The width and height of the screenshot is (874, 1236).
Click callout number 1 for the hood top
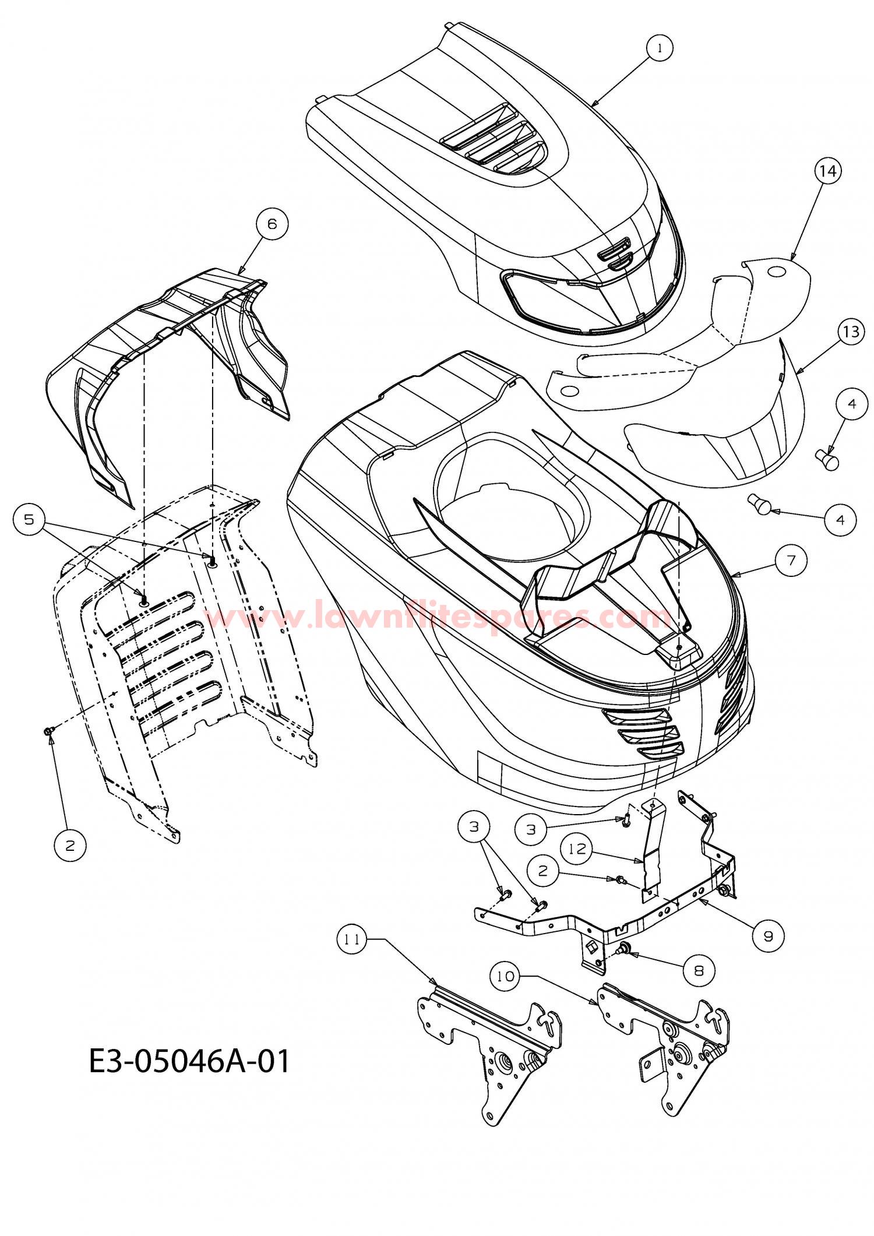[659, 49]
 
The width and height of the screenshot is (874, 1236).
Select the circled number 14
[828, 171]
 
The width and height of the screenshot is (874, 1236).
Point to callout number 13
[851, 332]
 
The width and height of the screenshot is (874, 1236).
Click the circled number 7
[791, 560]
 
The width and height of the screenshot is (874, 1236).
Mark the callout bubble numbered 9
[768, 936]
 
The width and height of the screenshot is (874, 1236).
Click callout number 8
[699, 970]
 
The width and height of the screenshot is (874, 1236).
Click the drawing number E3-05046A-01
[189, 1061]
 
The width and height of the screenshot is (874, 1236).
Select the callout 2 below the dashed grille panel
[70, 845]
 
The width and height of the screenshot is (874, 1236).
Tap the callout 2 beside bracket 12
[543, 871]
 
